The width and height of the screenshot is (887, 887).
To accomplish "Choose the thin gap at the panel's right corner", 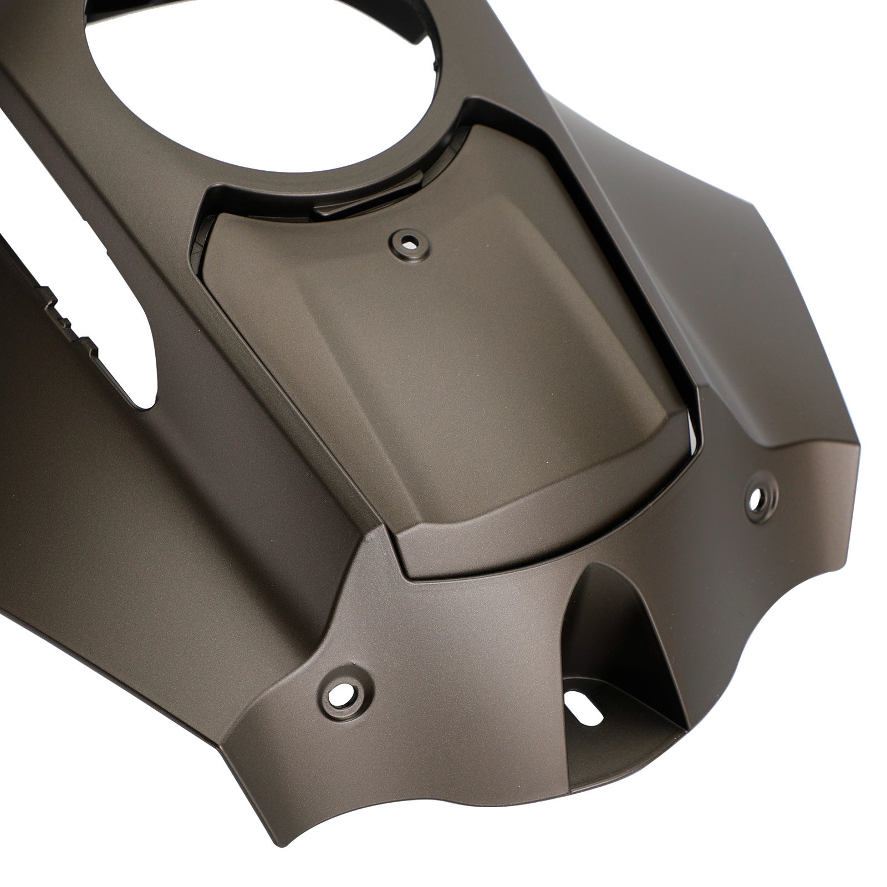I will tap(690, 421).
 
